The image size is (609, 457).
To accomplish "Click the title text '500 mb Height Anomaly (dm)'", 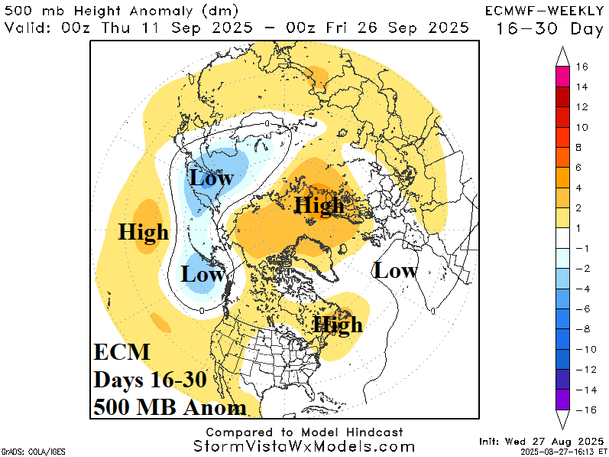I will click(121, 11).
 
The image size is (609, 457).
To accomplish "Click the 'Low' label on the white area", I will click(395, 270).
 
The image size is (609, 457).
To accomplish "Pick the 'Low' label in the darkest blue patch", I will click(212, 178).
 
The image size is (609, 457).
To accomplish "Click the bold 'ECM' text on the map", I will click(121, 353).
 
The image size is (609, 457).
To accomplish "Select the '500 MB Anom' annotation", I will click(170, 406).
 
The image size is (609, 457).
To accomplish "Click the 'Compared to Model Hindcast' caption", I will click(304, 433).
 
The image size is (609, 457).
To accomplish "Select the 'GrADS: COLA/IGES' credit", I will click(26, 451).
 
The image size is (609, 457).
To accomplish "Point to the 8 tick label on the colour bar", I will click(581, 147).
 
